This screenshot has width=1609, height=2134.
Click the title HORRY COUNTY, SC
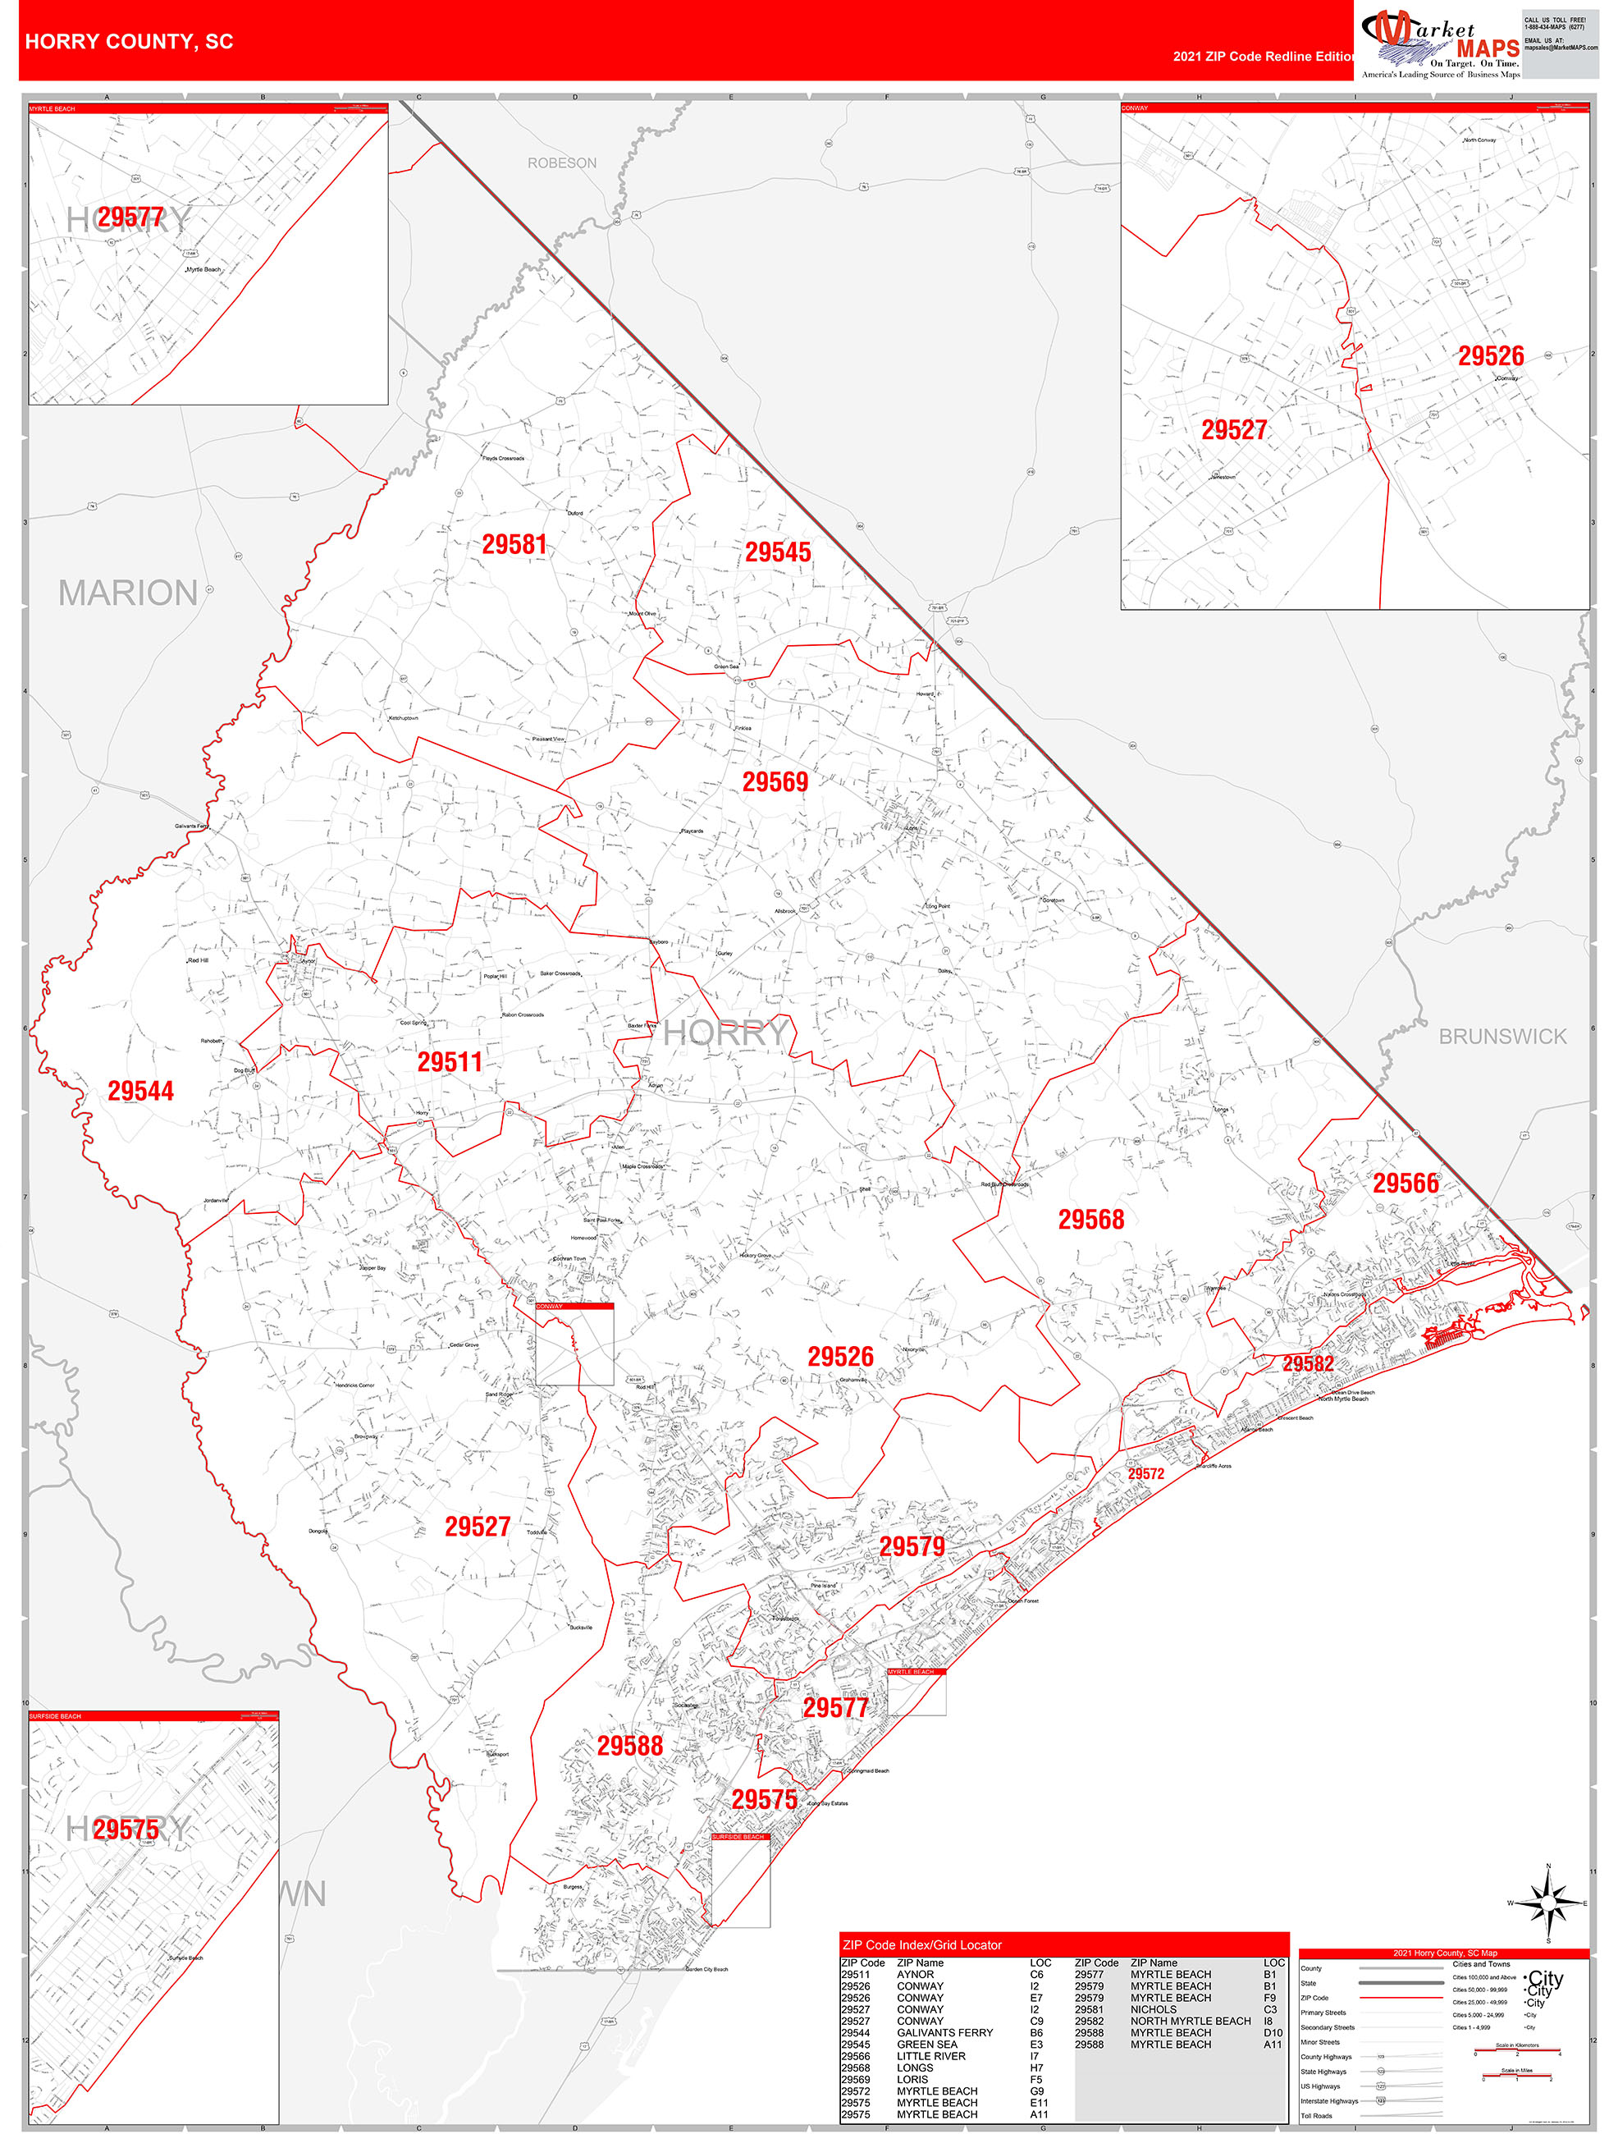(x=130, y=42)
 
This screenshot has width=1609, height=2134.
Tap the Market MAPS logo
(x=1439, y=44)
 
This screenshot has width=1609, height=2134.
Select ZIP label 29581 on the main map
(x=514, y=545)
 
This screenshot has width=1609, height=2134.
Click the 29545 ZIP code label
(x=778, y=553)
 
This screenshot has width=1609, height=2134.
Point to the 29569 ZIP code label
(x=775, y=782)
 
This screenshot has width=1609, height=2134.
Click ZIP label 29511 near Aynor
(x=450, y=1062)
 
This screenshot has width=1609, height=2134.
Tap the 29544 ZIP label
(x=141, y=1091)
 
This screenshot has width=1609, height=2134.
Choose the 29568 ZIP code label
(x=1091, y=1220)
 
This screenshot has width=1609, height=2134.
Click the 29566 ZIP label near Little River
(x=1406, y=1184)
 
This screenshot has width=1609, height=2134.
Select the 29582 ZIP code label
(x=1308, y=1364)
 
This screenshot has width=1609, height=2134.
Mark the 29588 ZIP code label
(x=630, y=1746)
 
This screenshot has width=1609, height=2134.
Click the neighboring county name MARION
(x=128, y=593)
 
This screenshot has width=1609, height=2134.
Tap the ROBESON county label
(x=561, y=163)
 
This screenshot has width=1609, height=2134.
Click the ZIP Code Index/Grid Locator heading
(x=921, y=1945)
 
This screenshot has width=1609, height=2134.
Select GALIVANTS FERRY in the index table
(x=944, y=2033)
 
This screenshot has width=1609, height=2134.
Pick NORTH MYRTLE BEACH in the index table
(x=1191, y=2021)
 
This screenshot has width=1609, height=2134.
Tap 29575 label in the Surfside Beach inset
(x=126, y=1829)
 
